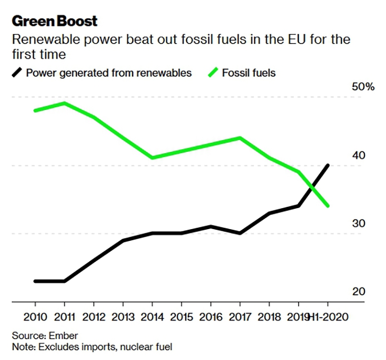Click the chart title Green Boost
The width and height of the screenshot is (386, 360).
pyautogui.click(x=54, y=21)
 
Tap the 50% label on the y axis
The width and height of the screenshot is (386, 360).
pyautogui.click(x=363, y=86)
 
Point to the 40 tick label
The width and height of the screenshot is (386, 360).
pyautogui.click(x=358, y=155)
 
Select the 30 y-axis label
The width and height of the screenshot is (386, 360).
pyautogui.click(x=358, y=223)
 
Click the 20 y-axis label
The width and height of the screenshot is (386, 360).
pyautogui.click(x=358, y=291)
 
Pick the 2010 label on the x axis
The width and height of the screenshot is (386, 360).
pyautogui.click(x=35, y=317)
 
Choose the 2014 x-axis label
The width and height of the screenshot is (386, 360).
pyautogui.click(x=152, y=317)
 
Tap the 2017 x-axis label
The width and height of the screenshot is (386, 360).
pyautogui.click(x=240, y=317)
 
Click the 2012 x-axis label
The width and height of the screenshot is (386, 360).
pyautogui.click(x=94, y=317)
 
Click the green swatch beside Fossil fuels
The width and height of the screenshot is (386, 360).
pyautogui.click(x=213, y=72)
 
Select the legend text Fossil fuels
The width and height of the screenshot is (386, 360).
pyautogui.click(x=248, y=72)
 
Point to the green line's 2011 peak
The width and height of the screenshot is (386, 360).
pyautogui.click(x=64, y=103)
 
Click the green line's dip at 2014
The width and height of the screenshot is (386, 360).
pyautogui.click(x=152, y=158)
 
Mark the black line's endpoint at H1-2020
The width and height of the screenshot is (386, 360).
pyautogui.click(x=327, y=165)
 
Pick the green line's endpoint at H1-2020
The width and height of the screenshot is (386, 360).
pyautogui.click(x=327, y=206)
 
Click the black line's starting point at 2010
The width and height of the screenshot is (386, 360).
pyautogui.click(x=35, y=281)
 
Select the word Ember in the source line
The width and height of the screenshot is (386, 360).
pyautogui.click(x=65, y=336)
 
